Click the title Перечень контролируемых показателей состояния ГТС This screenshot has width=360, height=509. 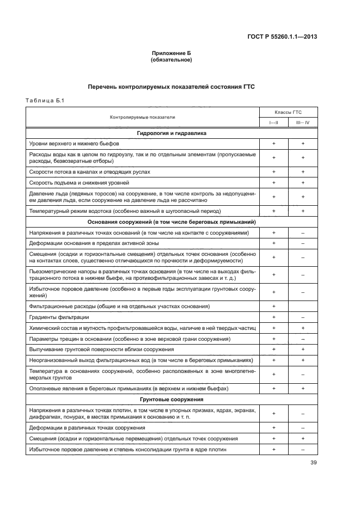click(x=171, y=87)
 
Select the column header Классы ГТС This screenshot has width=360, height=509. click(x=289, y=112)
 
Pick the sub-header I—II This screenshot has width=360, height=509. click(x=274, y=123)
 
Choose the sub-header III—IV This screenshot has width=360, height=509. click(x=303, y=123)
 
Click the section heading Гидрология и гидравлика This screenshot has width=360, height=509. click(x=171, y=133)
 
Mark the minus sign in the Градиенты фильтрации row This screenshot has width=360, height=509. click(x=303, y=317)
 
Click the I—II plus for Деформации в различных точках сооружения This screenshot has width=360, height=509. click(x=274, y=428)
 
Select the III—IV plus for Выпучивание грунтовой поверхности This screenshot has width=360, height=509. click(x=303, y=349)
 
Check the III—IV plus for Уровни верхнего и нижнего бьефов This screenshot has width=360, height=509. click(x=303, y=143)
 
